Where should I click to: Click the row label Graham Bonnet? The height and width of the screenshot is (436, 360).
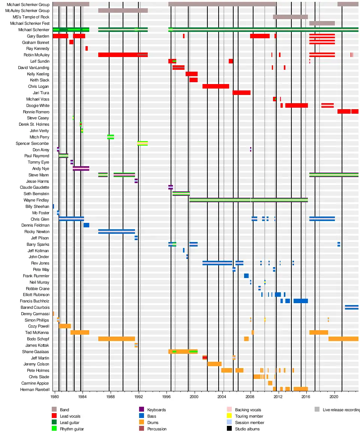pos(36,42)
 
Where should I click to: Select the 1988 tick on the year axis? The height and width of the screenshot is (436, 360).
pos(111,397)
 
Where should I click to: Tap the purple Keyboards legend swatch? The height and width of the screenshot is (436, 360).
pos(141,409)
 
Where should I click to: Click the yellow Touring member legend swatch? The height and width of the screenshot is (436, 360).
pos(229,416)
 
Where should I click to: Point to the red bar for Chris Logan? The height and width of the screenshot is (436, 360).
pos(216,86)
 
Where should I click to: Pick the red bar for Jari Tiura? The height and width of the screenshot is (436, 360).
pos(241,93)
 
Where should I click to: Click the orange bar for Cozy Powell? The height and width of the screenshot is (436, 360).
pos(65,326)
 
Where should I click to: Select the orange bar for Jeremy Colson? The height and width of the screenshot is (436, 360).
pos(214,364)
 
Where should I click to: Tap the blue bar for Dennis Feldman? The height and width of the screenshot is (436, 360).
pos(87,225)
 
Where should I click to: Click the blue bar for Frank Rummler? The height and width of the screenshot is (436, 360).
pos(246,276)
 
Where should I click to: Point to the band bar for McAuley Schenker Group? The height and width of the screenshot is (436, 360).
pos(123,11)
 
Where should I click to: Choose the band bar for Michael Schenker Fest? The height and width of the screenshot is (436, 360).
pos(322,23)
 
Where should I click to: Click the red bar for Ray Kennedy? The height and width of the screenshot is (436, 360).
pos(87,49)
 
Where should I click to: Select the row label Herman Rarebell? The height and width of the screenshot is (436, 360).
pos(35,389)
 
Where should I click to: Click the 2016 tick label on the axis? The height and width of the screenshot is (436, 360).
pos(306,397)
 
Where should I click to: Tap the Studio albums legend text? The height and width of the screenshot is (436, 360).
pos(247,429)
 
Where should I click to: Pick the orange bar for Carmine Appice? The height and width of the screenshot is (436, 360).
pos(270,383)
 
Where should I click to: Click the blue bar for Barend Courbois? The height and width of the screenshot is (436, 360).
pos(352,307)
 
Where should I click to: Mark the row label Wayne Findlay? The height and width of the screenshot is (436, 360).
pos(36,200)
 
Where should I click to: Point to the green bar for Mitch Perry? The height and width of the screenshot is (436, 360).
pos(111,137)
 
